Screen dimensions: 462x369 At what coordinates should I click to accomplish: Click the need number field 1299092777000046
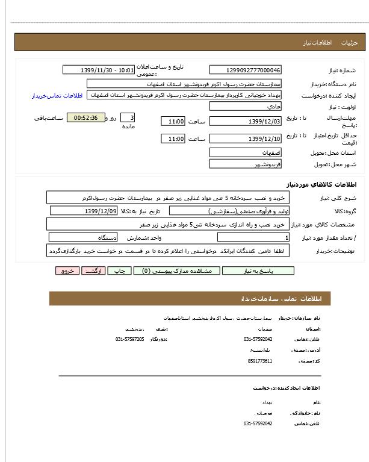click(x=245, y=70)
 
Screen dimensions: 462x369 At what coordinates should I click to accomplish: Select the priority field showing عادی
click(x=245, y=107)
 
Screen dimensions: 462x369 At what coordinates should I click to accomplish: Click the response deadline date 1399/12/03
click(x=245, y=122)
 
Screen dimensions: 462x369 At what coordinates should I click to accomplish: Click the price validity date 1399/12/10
click(x=245, y=139)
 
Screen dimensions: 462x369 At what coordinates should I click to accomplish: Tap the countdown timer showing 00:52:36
click(x=85, y=117)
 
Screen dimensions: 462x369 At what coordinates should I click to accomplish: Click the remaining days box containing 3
click(x=128, y=117)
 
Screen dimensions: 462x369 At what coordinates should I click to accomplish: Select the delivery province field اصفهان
click(x=245, y=153)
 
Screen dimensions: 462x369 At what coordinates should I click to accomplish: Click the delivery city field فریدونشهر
click(x=245, y=164)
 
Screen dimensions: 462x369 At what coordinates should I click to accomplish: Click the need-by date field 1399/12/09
click(x=84, y=211)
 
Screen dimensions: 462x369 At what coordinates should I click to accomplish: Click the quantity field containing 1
click(x=245, y=238)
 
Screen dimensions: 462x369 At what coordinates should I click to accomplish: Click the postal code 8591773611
click(x=259, y=361)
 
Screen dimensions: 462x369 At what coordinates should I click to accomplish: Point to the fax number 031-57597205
click(x=129, y=339)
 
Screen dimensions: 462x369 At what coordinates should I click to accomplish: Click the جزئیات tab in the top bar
click(x=349, y=43)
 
